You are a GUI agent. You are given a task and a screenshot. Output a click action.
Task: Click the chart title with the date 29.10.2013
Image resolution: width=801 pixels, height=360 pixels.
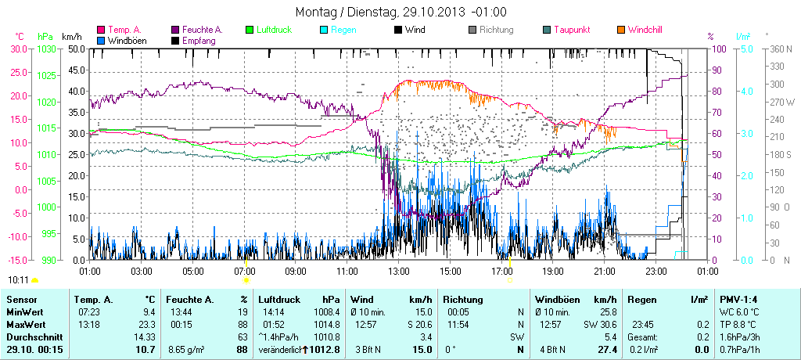pos(400,12)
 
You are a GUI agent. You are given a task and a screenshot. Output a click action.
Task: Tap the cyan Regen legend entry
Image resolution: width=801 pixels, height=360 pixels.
pos(345,30)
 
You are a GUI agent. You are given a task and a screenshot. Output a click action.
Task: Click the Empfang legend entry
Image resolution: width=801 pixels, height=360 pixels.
pos(199,40)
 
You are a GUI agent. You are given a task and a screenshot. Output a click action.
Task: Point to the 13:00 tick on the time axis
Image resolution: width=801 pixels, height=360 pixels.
pos(399,271)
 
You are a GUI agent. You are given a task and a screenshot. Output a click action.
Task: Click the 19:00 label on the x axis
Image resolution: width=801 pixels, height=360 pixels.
pos(553,271)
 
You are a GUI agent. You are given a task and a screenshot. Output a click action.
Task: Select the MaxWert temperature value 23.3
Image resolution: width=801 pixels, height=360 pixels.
pos(146,324)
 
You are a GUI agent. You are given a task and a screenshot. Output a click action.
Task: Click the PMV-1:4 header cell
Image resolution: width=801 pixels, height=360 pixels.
pos(738,300)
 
